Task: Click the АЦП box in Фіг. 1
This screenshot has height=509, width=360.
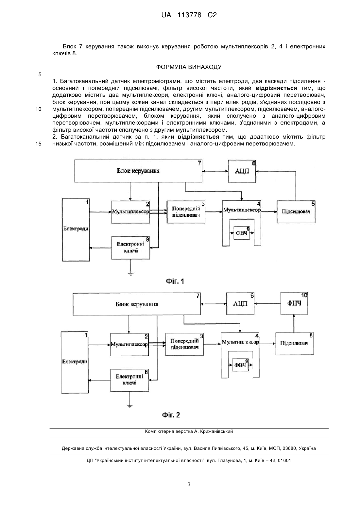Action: pyautogui.click(x=242, y=171)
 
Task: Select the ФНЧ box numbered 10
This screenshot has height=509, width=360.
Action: pyautogui.click(x=294, y=303)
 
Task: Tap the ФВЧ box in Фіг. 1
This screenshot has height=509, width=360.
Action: pyautogui.click(x=242, y=233)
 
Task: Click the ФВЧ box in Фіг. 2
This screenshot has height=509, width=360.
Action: pyautogui.click(x=240, y=365)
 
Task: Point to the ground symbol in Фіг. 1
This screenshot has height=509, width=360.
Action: pyautogui.click(x=131, y=274)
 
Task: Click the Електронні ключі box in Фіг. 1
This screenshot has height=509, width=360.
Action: pyautogui.click(x=131, y=248)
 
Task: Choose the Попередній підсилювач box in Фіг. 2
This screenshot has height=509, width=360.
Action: pyautogui.click(x=184, y=344)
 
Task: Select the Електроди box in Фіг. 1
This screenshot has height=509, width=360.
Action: pyautogui.click(x=76, y=230)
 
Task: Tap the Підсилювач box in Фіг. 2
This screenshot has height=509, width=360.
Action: pyautogui.click(x=294, y=344)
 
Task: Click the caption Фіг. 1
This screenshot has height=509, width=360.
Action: pyautogui.click(x=175, y=281)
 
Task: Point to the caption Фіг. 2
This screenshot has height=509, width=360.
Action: pyautogui.click(x=171, y=415)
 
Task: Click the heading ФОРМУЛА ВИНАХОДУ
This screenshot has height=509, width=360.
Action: pyautogui.click(x=189, y=67)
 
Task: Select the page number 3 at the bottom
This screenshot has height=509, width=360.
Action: pyautogui.click(x=189, y=484)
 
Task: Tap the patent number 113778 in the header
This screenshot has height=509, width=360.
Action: pyautogui.click(x=189, y=15)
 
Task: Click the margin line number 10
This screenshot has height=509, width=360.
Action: pyautogui.click(x=38, y=109)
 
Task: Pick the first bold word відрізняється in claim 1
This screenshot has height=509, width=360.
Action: pyautogui.click(x=276, y=88)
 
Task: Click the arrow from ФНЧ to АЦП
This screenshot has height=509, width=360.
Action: pyautogui.click(x=267, y=303)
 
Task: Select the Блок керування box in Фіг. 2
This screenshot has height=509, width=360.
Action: pyautogui.click(x=137, y=304)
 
